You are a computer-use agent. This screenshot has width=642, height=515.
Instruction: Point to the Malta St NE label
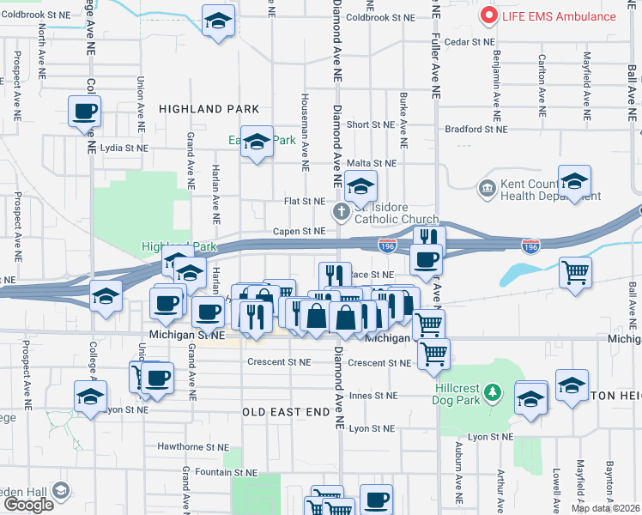pyautogui.click(x=372, y=163)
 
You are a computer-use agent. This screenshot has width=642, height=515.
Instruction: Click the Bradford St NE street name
pyautogui.click(x=475, y=130)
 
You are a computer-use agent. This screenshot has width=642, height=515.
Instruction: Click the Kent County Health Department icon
pyautogui.click(x=488, y=187)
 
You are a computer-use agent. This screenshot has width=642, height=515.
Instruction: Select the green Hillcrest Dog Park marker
pyautogui.click(x=491, y=393)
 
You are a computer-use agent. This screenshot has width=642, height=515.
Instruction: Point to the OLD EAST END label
pyautogui.click(x=287, y=412)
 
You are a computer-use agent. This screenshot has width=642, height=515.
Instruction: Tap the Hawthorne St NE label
pyautogui.click(x=193, y=447)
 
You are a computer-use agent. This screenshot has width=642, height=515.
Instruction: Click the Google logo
pyautogui.click(x=28, y=505)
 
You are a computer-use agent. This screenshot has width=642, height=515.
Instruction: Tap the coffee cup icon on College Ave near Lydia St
pyautogui.click(x=85, y=112)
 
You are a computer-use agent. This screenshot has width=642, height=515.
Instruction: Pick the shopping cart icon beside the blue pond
pyautogui.click(x=575, y=272)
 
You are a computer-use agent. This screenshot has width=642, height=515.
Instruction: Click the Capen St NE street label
pyautogui.click(x=299, y=231)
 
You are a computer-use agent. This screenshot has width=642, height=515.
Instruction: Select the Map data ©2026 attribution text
pyautogui.click(x=605, y=508)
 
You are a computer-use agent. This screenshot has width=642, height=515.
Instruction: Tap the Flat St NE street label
pyautogui.click(x=305, y=202)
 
